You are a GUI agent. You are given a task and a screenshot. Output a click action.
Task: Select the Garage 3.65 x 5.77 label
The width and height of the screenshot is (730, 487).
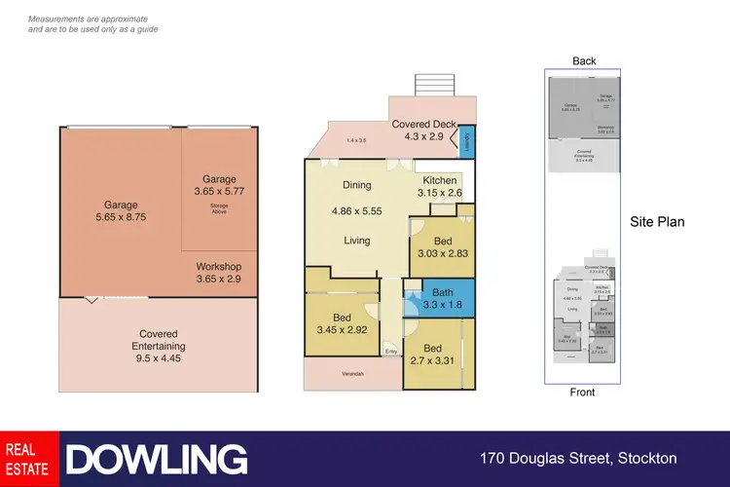tap(219, 185)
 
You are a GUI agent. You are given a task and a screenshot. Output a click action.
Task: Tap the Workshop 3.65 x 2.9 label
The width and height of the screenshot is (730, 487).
tap(219, 273)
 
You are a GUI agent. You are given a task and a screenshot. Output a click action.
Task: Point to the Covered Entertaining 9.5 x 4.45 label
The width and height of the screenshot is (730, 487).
tap(158, 346)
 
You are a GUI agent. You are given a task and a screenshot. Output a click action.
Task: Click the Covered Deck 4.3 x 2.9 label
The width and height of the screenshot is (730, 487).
tap(418, 131)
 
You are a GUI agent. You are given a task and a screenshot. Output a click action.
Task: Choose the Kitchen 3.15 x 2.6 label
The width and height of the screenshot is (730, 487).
tap(439, 186)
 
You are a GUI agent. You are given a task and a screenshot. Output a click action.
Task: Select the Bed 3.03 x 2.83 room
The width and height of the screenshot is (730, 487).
tap(442, 246)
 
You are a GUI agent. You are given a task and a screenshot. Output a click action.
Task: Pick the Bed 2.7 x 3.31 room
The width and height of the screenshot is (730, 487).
tap(434, 355)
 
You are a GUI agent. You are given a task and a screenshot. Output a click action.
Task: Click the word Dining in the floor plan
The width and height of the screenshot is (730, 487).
tap(357, 185)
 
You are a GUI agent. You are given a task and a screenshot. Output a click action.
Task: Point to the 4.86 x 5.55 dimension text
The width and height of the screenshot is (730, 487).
tap(357, 210)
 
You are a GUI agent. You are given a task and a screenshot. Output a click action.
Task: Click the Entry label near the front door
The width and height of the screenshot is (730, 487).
tap(391, 352)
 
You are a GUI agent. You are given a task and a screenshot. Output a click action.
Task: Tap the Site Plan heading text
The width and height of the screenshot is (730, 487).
tap(657, 222)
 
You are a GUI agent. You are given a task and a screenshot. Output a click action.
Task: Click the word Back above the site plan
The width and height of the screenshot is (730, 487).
tap(584, 61)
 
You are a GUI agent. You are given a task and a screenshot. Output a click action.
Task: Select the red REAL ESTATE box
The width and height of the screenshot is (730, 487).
tap(30, 459)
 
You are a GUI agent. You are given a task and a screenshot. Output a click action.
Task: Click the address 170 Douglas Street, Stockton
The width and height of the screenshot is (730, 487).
tap(578, 458)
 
